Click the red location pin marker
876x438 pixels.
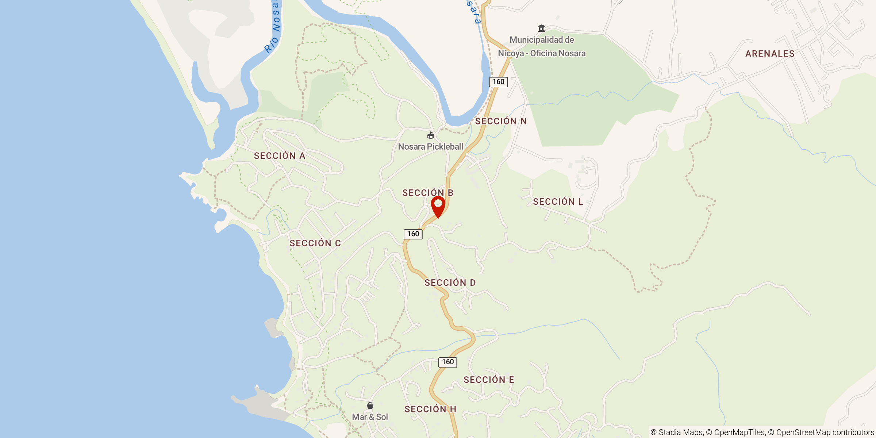click(438, 206)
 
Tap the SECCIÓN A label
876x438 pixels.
click(280, 156)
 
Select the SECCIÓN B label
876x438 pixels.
click(428, 193)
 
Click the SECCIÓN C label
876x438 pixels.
click(315, 243)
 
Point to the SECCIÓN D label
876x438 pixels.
click(450, 283)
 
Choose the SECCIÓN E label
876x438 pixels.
click(489, 380)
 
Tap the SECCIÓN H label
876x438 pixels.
click(430, 409)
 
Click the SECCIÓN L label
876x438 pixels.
click(558, 201)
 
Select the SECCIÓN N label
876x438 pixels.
click(501, 121)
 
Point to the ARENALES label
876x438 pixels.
click(770, 54)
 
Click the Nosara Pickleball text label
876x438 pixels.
click(430, 147)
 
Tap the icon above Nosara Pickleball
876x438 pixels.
click(431, 136)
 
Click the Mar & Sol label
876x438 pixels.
click(370, 417)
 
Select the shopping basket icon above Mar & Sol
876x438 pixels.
click(370, 406)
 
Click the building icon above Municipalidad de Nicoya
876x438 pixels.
click(542, 28)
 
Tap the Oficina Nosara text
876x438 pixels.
click(558, 53)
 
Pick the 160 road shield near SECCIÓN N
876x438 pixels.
click(498, 82)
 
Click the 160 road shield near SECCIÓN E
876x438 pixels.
click(448, 362)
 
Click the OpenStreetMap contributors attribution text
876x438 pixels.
click(825, 433)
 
